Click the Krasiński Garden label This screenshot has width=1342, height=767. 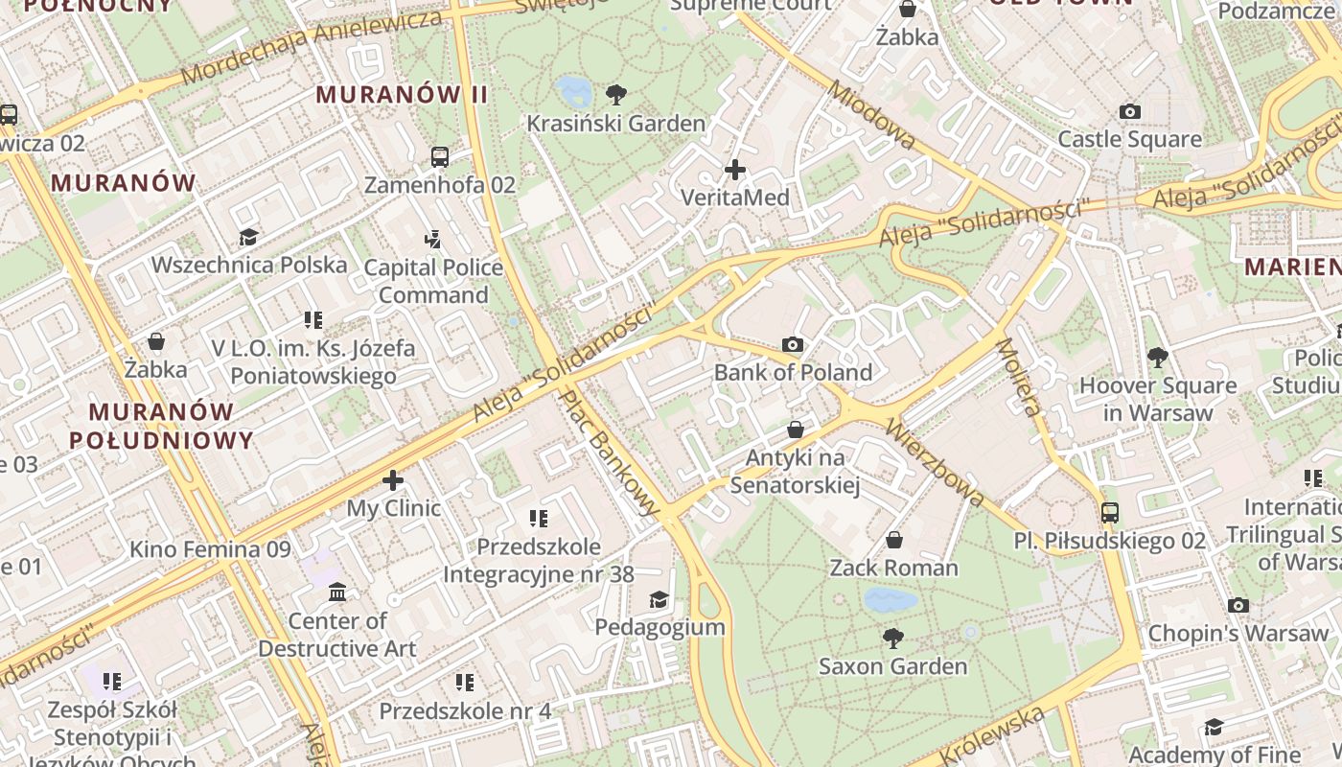615,124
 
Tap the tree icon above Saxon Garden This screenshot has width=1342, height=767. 893,638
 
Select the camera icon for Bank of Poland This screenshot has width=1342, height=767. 793,345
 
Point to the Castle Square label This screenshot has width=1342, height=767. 1129,140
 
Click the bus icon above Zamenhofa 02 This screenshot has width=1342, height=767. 440,157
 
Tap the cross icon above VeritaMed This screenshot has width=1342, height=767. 735,171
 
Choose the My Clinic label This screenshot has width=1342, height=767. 393,508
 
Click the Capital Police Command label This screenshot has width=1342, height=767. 433,281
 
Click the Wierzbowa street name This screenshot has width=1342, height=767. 935,462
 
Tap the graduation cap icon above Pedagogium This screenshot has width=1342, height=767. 659,600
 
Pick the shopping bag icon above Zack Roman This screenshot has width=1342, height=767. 894,541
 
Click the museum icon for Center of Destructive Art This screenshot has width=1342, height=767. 337,593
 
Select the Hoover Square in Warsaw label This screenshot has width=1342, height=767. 1158,399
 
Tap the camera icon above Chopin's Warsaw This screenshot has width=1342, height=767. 1238,606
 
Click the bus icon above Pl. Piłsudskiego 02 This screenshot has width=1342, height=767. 1110,513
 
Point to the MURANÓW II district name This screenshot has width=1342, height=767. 403,95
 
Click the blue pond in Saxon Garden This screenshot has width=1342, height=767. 890,601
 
